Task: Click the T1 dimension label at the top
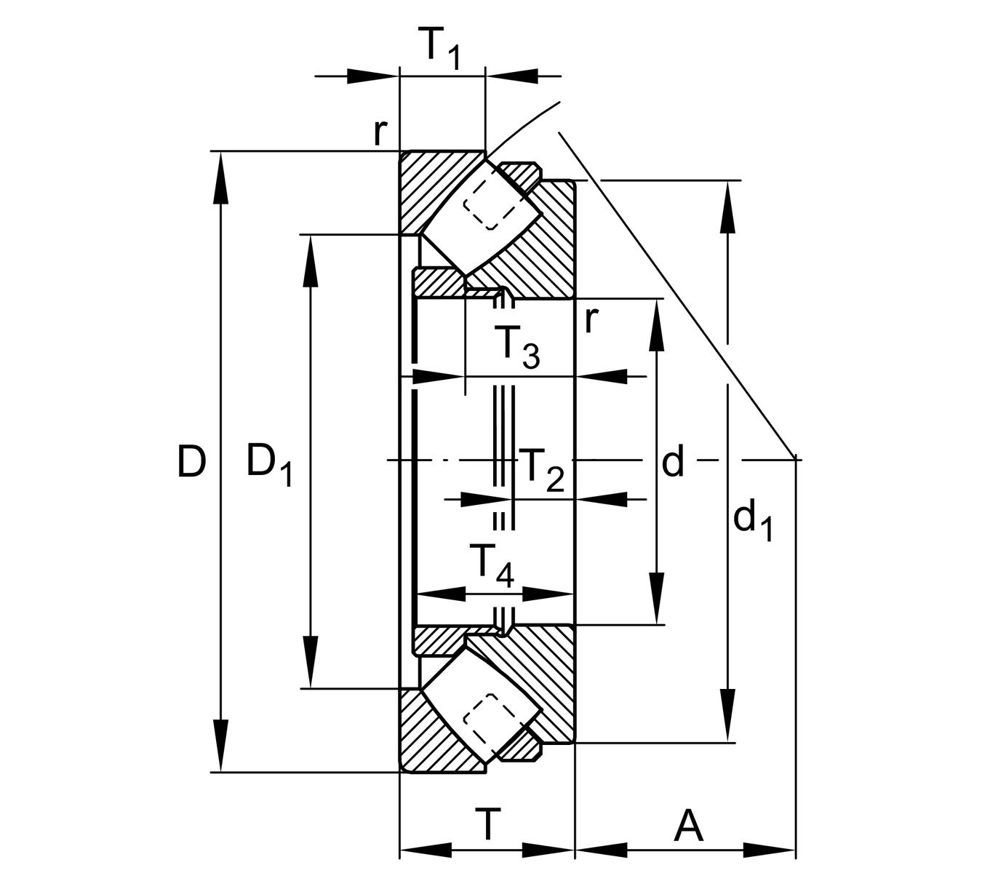tap(441, 48)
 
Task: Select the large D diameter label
tap(191, 462)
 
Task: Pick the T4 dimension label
tap(492, 565)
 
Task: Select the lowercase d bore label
tap(673, 461)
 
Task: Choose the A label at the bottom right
tap(688, 825)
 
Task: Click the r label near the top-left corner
tap(380, 132)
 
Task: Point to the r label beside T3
tap(591, 319)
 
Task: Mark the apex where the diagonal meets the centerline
tap(794, 459)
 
